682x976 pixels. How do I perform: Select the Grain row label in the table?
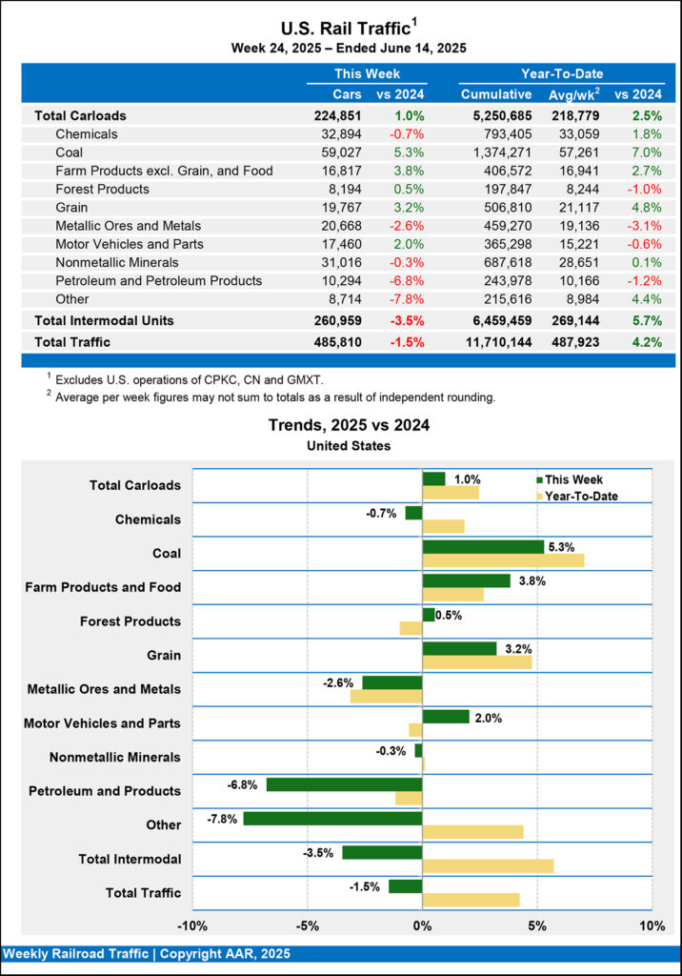pos(74,208)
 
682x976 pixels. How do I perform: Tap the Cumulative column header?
pos(496,94)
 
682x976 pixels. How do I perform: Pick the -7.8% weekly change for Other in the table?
pos(404,298)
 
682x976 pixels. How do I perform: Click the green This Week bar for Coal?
pos(483,547)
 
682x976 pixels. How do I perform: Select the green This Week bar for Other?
pos(332,818)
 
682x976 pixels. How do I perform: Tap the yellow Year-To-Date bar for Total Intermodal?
pos(488,865)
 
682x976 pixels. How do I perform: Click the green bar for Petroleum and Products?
pos(344,784)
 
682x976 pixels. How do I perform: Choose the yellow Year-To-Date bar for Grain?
pos(477,661)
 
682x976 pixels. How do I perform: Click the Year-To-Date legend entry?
pos(581,497)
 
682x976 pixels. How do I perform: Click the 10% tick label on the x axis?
pos(652,925)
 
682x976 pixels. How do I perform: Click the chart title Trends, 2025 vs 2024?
pos(349,425)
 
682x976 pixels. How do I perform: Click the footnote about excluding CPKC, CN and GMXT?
pos(181,380)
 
